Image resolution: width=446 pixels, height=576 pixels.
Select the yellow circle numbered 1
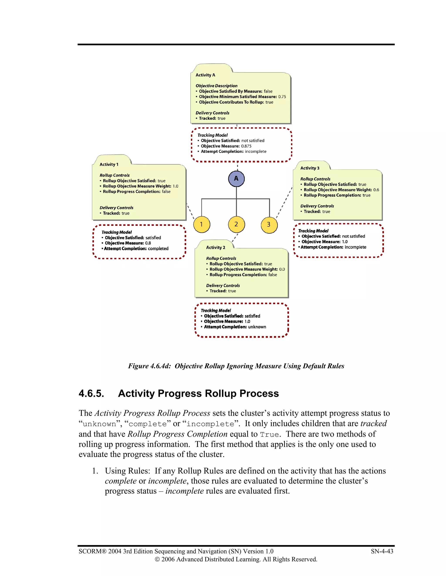click(202, 225)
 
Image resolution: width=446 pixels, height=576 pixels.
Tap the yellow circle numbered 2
click(236, 225)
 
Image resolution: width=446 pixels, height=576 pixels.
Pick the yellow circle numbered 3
click(269, 225)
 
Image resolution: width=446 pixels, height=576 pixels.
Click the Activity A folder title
click(205, 75)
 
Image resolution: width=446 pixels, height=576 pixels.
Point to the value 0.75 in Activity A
click(282, 97)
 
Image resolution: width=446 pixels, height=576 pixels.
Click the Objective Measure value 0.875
click(246, 146)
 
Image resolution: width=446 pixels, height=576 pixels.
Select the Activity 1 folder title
click(109, 165)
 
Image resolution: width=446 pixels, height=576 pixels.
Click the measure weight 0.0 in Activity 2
click(282, 269)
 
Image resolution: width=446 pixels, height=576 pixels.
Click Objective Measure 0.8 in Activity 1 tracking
click(148, 243)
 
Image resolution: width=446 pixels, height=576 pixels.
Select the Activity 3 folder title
click(310, 168)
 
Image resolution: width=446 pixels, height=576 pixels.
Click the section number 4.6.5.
click(91, 393)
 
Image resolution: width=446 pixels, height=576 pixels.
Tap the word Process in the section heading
click(259, 393)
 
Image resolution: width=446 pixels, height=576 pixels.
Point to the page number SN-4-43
click(382, 551)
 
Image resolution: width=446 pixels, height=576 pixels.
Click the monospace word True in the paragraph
click(270, 434)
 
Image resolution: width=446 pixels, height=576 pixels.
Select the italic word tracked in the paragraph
click(373, 424)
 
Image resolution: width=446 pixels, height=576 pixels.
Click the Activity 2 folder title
click(216, 248)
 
